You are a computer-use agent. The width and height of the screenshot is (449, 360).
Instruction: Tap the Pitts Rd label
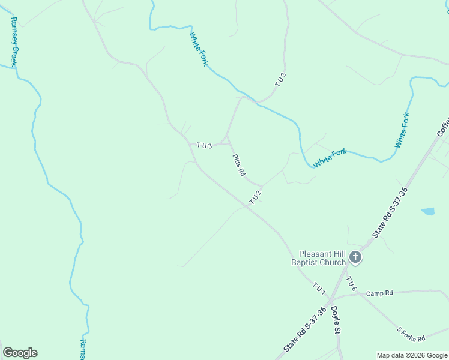pyautogui.click(x=238, y=164)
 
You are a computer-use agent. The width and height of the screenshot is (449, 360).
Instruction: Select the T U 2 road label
pyautogui.click(x=256, y=197)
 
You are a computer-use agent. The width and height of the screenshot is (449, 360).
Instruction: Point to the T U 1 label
pyautogui.click(x=319, y=288)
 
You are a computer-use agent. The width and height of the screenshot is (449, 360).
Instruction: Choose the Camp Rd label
pyautogui.click(x=379, y=293)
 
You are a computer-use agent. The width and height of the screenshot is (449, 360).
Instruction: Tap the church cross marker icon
pyautogui.click(x=355, y=258)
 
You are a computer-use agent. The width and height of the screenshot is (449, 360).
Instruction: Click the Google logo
pyautogui.click(x=20, y=353)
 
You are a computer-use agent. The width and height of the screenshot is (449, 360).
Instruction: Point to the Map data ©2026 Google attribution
pyautogui.click(x=412, y=355)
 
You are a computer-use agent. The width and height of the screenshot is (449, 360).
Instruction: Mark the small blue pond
pyautogui.click(x=428, y=211)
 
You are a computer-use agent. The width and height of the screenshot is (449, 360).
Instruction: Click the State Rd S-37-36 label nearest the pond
pyautogui.click(x=390, y=212)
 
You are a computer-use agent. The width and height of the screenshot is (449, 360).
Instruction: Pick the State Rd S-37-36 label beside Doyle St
pyautogui.click(x=305, y=331)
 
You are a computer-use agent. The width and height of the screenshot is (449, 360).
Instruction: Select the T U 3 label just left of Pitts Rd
pyautogui.click(x=205, y=146)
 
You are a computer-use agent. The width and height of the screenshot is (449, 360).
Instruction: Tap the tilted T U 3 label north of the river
pyautogui.click(x=280, y=80)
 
